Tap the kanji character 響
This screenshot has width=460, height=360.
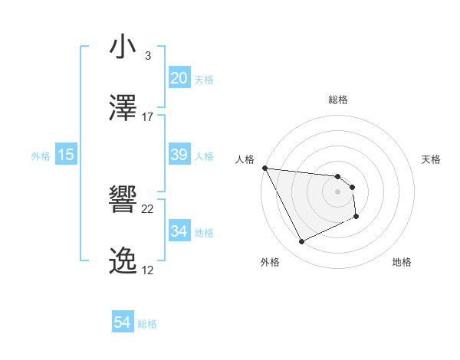click(x=123, y=200)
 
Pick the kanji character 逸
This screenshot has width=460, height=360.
click(x=123, y=261)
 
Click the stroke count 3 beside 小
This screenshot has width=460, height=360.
click(x=147, y=56)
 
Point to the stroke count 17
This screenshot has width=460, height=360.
click(x=148, y=117)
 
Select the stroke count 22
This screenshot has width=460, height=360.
click(x=148, y=209)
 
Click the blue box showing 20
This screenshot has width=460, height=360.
click(x=179, y=78)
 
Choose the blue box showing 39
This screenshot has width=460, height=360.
click(x=179, y=155)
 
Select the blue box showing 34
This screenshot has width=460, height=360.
click(x=179, y=231)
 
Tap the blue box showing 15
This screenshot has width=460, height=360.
click(x=66, y=155)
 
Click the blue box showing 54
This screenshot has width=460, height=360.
click(x=123, y=322)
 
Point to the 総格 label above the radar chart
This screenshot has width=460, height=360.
click(x=338, y=100)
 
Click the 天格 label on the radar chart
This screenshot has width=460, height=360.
click(x=432, y=159)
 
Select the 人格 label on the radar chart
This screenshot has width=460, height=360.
click(x=245, y=159)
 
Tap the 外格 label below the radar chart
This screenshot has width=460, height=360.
click(x=270, y=263)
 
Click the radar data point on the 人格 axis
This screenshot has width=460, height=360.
click(x=264, y=168)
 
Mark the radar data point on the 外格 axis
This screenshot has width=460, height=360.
click(x=301, y=242)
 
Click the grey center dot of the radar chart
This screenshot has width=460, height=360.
click(x=338, y=191)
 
